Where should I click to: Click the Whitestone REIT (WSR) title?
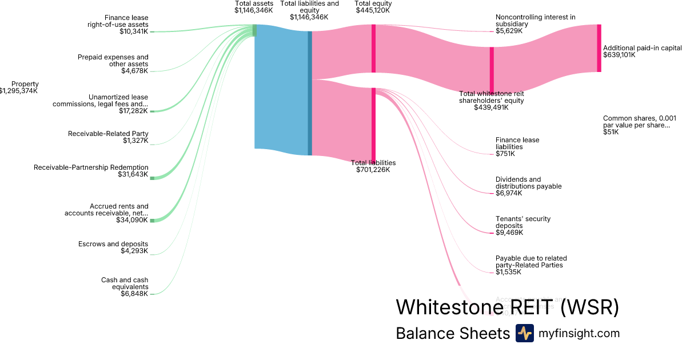pyautogui.click(x=507, y=307)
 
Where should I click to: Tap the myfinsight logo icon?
pyautogui.click(x=524, y=333)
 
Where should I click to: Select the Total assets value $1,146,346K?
pyautogui.click(x=253, y=10)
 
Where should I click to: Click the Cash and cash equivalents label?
pyautogui.click(x=125, y=283)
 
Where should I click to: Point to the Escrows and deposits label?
pyautogui.click(x=113, y=244)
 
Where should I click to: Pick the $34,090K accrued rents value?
pyautogui.click(x=133, y=220)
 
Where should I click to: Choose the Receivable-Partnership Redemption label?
pyautogui.click(x=91, y=167)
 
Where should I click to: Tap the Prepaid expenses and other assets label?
pyautogui.click(x=113, y=61)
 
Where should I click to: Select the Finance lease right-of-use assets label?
pyautogui.click(x=118, y=21)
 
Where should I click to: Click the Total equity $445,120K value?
pyautogui.click(x=373, y=10)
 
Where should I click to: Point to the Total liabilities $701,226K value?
pyautogui.click(x=373, y=170)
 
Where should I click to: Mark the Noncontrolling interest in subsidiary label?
pyautogui.click(x=535, y=21)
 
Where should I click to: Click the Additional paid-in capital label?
pyautogui.click(x=642, y=48)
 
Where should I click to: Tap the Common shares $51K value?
pyautogui.click(x=611, y=132)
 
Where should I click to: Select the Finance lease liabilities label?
pyautogui.click(x=517, y=143)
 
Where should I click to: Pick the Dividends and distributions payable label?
pyautogui.click(x=528, y=183)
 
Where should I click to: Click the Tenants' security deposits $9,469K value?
pyautogui.click(x=509, y=233)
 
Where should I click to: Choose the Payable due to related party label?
pyautogui.click(x=531, y=262)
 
